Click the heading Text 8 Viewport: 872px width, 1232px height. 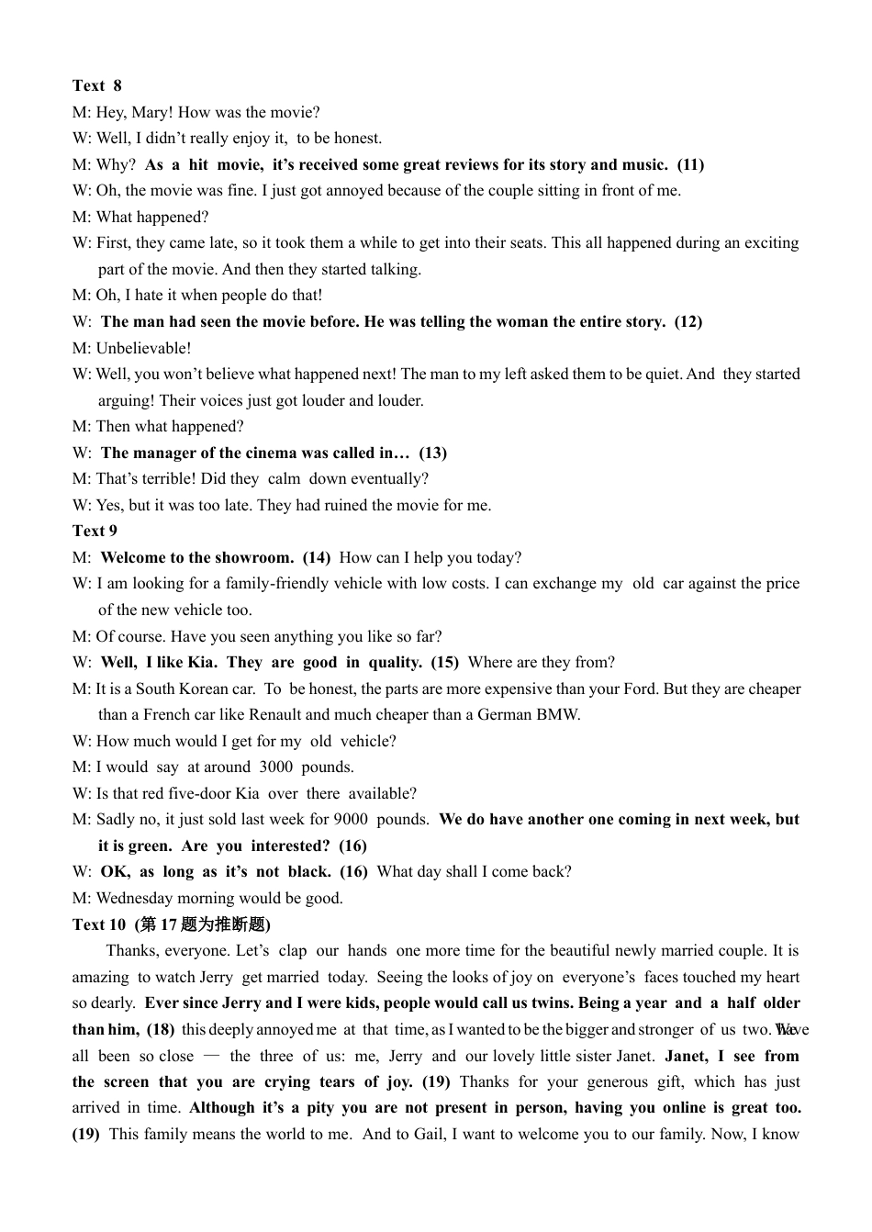(x=96, y=85)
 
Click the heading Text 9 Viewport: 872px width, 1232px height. (x=95, y=531)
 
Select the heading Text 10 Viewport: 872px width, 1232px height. (x=99, y=924)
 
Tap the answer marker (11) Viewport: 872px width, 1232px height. (x=690, y=164)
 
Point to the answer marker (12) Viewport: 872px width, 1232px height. (x=688, y=321)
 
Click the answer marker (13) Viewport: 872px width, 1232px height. (x=432, y=453)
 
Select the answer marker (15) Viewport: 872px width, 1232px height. (x=445, y=662)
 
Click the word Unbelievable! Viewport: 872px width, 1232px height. (x=143, y=348)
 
